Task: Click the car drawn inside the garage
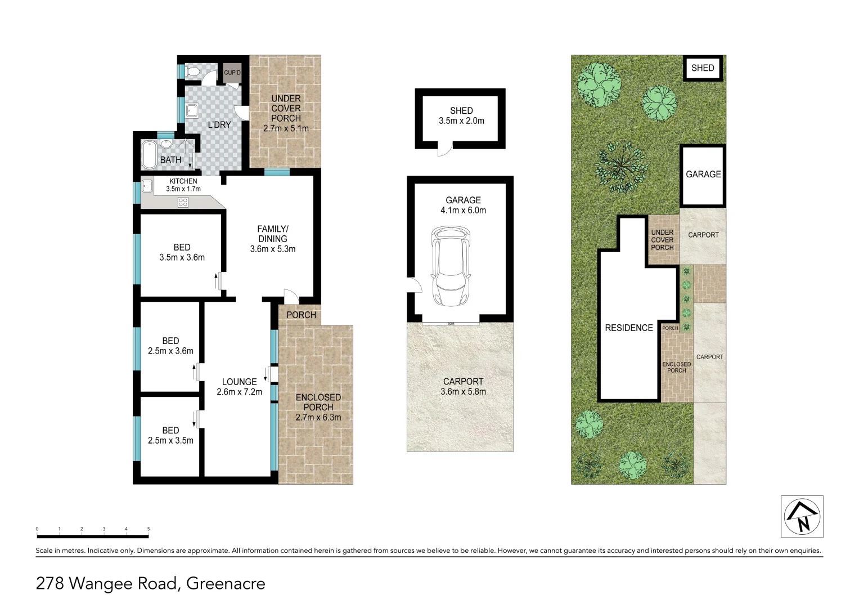pyautogui.click(x=450, y=265)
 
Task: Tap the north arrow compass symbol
pyautogui.click(x=802, y=516)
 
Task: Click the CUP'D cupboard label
pyautogui.click(x=232, y=73)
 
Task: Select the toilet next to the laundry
pyautogui.click(x=192, y=71)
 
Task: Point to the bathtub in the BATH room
pyautogui.click(x=149, y=155)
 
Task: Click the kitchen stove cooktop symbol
pyautogui.click(x=183, y=202)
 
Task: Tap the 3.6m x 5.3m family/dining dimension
pyautogui.click(x=273, y=249)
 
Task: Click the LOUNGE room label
pyautogui.click(x=239, y=382)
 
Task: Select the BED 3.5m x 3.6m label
pyautogui.click(x=182, y=252)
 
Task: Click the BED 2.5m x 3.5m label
pyautogui.click(x=170, y=435)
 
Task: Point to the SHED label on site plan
pyautogui.click(x=703, y=68)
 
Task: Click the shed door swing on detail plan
pyautogui.click(x=445, y=149)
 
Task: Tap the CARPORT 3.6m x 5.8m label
pyautogui.click(x=463, y=386)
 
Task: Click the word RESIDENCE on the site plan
pyautogui.click(x=629, y=328)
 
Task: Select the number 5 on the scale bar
pyautogui.click(x=149, y=529)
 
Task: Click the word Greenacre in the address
pyautogui.click(x=226, y=583)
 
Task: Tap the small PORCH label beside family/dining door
pyautogui.click(x=301, y=315)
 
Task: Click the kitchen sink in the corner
pyautogui.click(x=147, y=185)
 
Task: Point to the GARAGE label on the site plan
pyautogui.click(x=703, y=175)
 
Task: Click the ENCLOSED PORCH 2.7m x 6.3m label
pyautogui.click(x=318, y=407)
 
